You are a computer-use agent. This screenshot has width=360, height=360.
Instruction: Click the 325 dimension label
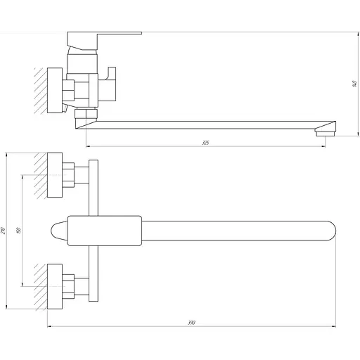pyautogui.click(x=205, y=143)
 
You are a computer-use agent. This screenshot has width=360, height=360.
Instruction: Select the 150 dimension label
pyautogui.click(x=27, y=230)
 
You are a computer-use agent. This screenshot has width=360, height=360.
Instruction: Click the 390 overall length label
pyautogui.click(x=191, y=322)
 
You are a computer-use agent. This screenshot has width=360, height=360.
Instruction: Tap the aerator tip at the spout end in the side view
pyautogui.click(x=324, y=131)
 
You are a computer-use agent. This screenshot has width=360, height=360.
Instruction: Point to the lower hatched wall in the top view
pyautogui.click(x=40, y=286)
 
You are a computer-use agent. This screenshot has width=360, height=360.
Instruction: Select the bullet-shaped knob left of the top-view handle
pyautogui.click(x=58, y=231)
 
